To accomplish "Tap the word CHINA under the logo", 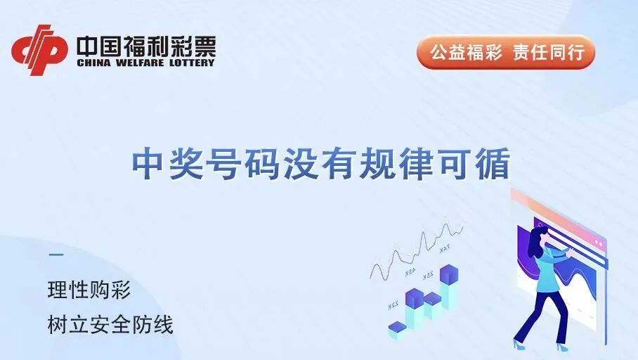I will pyautogui.click(x=90, y=63).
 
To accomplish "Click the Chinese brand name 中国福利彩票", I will pyautogui.click(x=145, y=46).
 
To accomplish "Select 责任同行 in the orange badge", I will pyautogui.click(x=548, y=53).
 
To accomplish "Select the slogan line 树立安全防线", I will pyautogui.click(x=110, y=326).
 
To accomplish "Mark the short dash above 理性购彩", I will pyautogui.click(x=56, y=255).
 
